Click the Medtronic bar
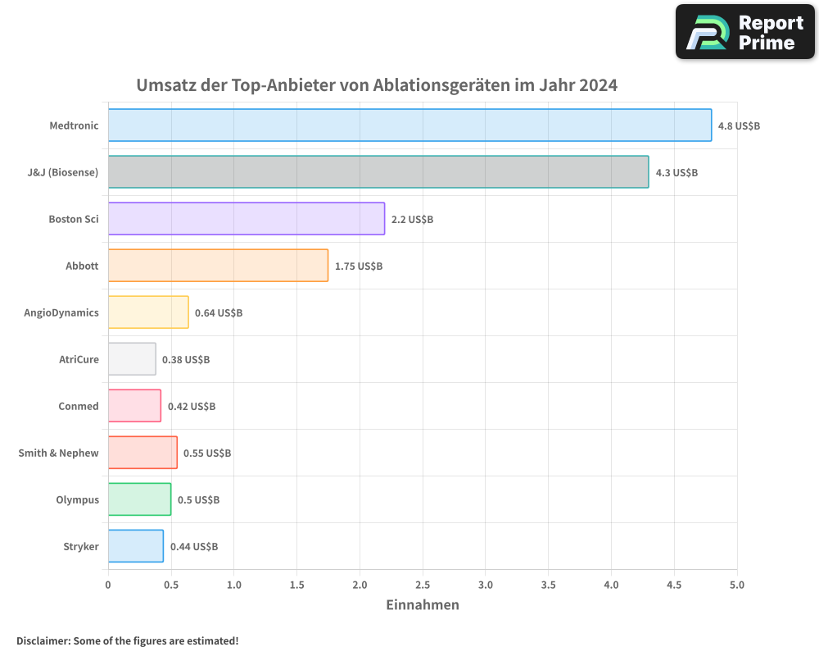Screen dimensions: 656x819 point(409,125)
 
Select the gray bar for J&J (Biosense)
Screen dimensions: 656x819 point(378,172)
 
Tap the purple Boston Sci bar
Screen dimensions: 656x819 point(246,219)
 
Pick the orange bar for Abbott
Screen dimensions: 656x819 point(218,266)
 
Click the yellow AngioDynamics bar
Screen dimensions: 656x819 point(148,312)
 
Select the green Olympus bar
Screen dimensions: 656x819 point(139,499)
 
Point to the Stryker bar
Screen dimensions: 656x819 point(135,546)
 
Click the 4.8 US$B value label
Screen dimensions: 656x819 point(739,126)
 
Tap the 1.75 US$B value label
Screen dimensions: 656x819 point(359,266)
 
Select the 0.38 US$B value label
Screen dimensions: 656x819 point(186,360)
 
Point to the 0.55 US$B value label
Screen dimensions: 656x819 point(207,453)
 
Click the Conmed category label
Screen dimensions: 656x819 point(79,407)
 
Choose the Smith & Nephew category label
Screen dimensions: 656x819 point(58,453)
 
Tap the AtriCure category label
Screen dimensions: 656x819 point(79,360)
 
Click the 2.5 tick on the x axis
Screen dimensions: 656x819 point(423,585)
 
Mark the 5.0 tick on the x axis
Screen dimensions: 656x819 point(737,585)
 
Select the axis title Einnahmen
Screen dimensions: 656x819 point(423,605)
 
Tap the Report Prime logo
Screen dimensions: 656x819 point(744,32)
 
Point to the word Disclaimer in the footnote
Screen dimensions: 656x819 point(43,640)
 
